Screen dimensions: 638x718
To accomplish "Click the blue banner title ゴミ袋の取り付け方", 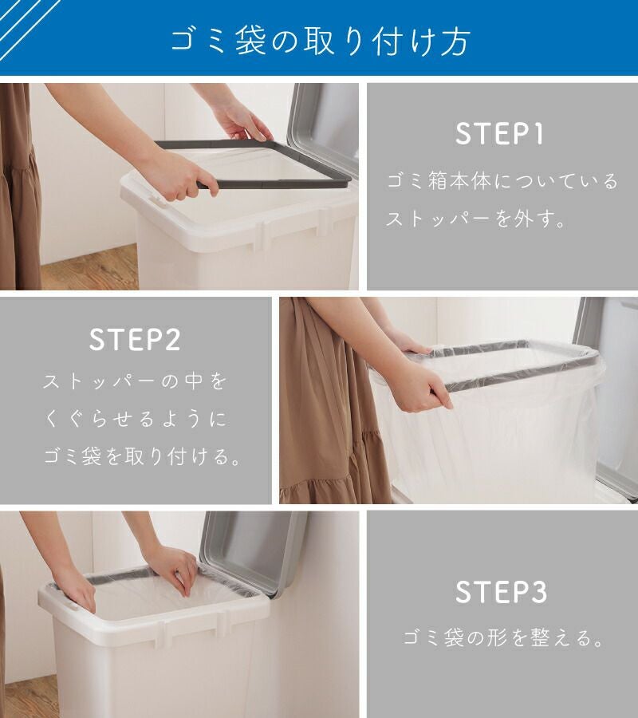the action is (321, 41).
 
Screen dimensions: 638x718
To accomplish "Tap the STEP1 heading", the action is (500, 134).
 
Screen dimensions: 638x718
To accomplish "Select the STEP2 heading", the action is (135, 340).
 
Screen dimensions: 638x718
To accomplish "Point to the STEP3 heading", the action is (501, 592).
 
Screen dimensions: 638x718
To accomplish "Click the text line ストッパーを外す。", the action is (476, 219).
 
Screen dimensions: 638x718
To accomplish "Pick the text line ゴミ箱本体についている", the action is (502, 181).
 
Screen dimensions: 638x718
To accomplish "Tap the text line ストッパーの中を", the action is (135, 381).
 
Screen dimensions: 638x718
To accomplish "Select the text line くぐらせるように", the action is (136, 419).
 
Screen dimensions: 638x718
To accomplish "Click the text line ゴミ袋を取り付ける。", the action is (142, 456).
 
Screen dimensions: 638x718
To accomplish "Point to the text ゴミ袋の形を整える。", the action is (502, 637).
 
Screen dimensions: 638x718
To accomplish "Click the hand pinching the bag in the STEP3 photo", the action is (174, 570).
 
